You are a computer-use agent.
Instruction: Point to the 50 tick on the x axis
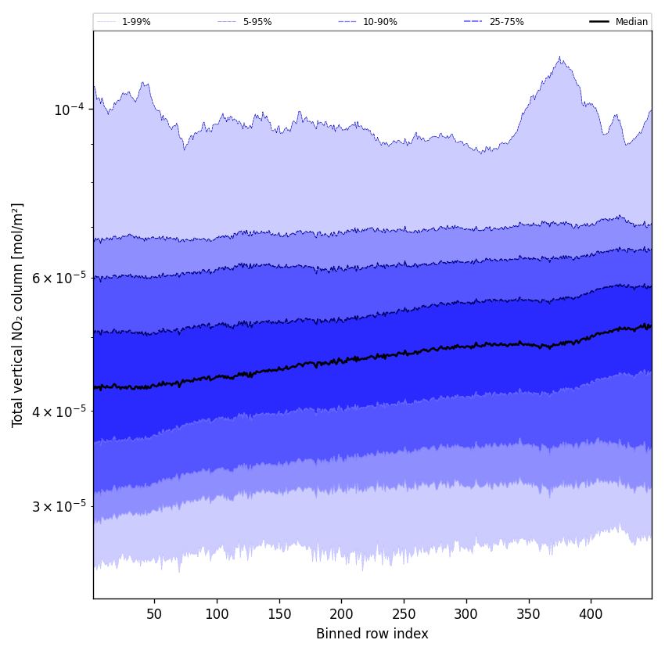(154, 614)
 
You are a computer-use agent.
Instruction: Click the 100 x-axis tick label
(217, 614)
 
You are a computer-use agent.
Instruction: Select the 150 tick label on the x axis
(279, 614)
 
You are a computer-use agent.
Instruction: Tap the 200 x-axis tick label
(341, 614)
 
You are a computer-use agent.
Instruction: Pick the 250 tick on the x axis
(404, 614)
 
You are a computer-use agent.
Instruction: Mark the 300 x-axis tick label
(466, 614)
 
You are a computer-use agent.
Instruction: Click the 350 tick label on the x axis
(529, 614)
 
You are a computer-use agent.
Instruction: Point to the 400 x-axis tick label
(591, 614)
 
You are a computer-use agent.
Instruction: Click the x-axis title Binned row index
(372, 634)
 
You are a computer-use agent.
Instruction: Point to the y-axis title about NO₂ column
(18, 315)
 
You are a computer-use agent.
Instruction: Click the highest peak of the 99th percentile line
(559, 57)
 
